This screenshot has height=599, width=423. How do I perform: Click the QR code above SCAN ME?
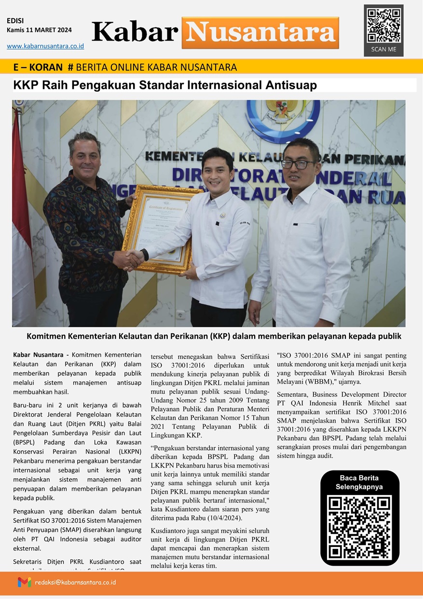coord(383,26)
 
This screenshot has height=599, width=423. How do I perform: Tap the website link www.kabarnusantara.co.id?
coord(45,46)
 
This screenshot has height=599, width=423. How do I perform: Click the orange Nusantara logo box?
coord(260,33)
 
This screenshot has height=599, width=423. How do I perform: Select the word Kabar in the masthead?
coord(135,32)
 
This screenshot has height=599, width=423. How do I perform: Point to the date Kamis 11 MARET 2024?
coord(39,30)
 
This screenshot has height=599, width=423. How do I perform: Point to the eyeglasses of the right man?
coord(298,164)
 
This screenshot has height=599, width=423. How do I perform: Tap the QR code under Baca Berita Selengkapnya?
coord(360,527)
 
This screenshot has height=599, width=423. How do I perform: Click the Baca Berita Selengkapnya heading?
coord(360,483)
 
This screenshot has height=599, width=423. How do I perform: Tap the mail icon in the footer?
coord(24,582)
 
